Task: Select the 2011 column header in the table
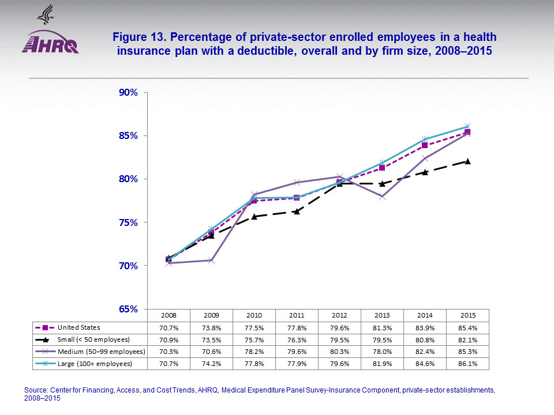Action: [297, 315]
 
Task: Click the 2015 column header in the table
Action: [468, 315]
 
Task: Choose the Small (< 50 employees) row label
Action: [92, 339]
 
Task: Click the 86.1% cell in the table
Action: [468, 364]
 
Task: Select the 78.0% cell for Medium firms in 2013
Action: [382, 352]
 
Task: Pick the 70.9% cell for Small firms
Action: [169, 339]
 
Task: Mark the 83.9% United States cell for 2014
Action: [425, 327]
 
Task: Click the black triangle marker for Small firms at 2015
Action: [467, 161]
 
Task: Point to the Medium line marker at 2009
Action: [211, 261]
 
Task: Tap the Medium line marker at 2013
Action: [382, 197]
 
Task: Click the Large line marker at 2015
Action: [467, 126]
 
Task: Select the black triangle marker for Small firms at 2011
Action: [297, 211]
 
